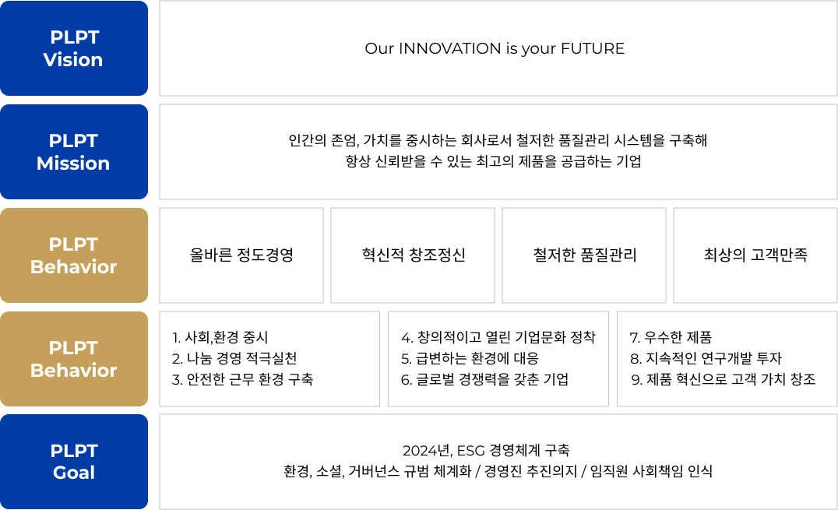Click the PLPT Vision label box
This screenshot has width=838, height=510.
[74, 48]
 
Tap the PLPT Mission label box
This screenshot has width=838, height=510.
[74, 152]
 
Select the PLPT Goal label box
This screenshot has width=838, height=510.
[74, 462]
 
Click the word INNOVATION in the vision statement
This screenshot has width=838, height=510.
[450, 48]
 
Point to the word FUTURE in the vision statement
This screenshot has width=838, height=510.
[593, 48]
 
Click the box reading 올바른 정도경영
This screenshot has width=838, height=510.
[241, 255]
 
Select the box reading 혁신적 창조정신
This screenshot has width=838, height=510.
[413, 255]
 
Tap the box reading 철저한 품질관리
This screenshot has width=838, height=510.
[584, 255]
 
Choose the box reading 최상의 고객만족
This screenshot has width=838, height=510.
[755, 255]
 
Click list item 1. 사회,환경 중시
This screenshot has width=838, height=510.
[220, 337]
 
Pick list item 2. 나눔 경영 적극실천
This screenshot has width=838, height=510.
[234, 358]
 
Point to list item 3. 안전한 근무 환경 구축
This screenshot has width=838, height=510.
[243, 379]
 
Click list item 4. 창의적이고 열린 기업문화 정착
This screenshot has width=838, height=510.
[498, 337]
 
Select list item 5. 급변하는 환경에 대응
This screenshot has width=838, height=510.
[470, 358]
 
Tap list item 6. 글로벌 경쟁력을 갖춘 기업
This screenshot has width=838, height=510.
[484, 379]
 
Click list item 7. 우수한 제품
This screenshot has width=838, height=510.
[671, 337]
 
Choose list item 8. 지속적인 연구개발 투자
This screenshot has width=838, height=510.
[706, 358]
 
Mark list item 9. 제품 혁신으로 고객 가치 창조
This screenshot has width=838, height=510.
[723, 379]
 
